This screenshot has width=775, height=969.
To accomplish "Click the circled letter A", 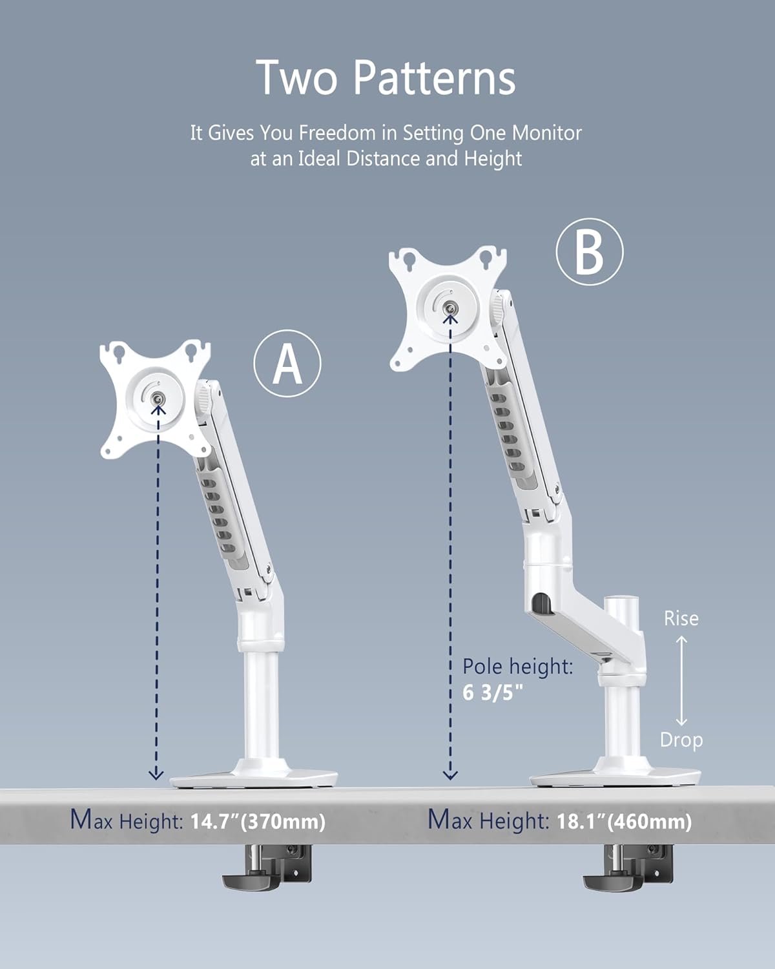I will click(287, 364).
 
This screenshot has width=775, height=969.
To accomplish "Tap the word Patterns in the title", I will click(434, 78).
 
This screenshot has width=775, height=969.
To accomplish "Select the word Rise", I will click(681, 618).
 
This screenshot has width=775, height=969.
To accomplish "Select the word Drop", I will click(681, 740).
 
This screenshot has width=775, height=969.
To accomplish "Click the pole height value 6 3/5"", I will click(493, 693).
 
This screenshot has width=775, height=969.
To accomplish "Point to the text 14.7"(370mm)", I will click(258, 822).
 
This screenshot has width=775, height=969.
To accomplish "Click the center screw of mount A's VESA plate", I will click(157, 401).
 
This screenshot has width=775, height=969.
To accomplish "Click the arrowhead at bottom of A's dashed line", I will click(156, 774).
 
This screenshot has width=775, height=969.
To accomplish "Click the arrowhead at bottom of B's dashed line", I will click(450, 774).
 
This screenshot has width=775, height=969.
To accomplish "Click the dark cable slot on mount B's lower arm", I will click(541, 605).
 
